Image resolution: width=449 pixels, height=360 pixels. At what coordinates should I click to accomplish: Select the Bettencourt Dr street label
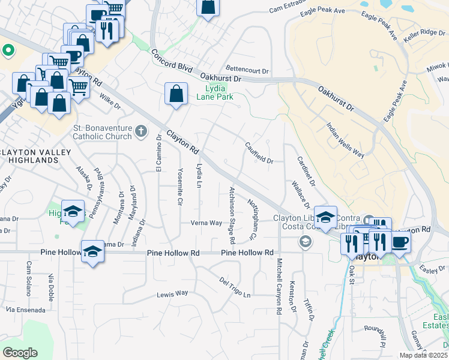(x=247, y=70)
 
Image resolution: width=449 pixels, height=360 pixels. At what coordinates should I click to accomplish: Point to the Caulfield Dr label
(x=259, y=153)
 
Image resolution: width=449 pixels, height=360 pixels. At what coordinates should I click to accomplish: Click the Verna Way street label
(x=206, y=223)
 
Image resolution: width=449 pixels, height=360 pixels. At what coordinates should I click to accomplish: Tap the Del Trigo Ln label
(x=235, y=288)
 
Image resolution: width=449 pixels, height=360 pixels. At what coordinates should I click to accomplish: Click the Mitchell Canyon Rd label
(x=279, y=286)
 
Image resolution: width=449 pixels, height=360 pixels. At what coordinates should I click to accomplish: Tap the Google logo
(x=20, y=352)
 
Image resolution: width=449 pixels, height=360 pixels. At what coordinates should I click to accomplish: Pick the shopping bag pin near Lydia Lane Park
(x=175, y=94)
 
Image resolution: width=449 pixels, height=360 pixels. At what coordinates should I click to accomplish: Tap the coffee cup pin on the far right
(x=400, y=242)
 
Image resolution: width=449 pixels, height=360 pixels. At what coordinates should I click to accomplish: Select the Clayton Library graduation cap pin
(x=325, y=217)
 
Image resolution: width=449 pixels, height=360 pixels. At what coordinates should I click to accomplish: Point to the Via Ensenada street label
(x=25, y=310)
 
